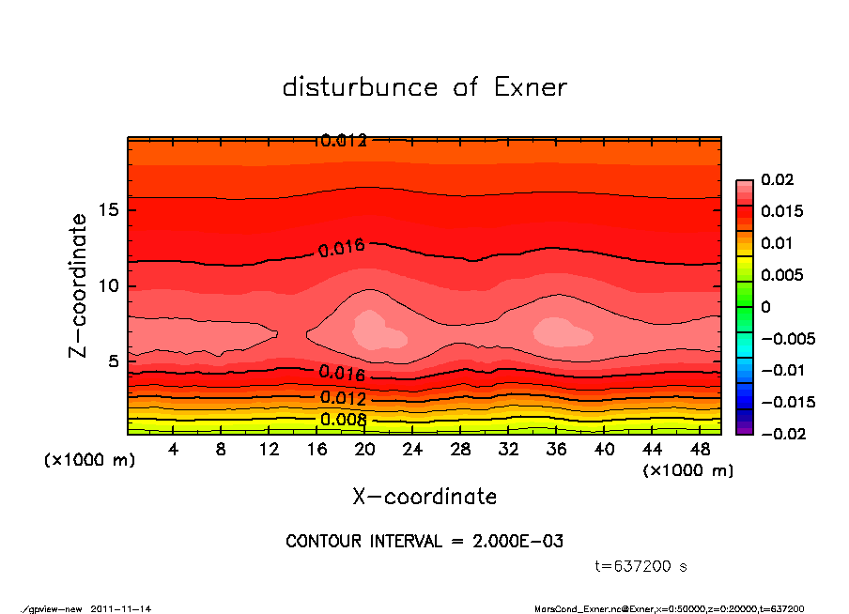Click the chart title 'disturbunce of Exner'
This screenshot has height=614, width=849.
[x=424, y=87]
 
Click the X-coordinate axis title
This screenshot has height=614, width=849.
[x=424, y=496]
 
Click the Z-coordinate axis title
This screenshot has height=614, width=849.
[x=79, y=285]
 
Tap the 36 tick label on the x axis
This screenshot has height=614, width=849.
[x=557, y=450]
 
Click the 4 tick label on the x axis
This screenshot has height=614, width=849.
[x=173, y=450]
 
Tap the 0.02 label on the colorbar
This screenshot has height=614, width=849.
[x=778, y=179]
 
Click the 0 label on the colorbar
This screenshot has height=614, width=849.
[x=765, y=307]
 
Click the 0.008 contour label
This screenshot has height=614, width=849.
[x=343, y=419]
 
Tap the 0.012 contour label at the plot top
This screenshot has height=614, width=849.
[x=343, y=141]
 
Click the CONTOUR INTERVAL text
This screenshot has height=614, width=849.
[x=424, y=542]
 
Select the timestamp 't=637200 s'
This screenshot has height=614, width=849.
[x=641, y=566]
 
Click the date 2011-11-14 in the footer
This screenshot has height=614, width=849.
[x=121, y=608]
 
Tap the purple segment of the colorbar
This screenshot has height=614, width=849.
[x=744, y=427]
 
